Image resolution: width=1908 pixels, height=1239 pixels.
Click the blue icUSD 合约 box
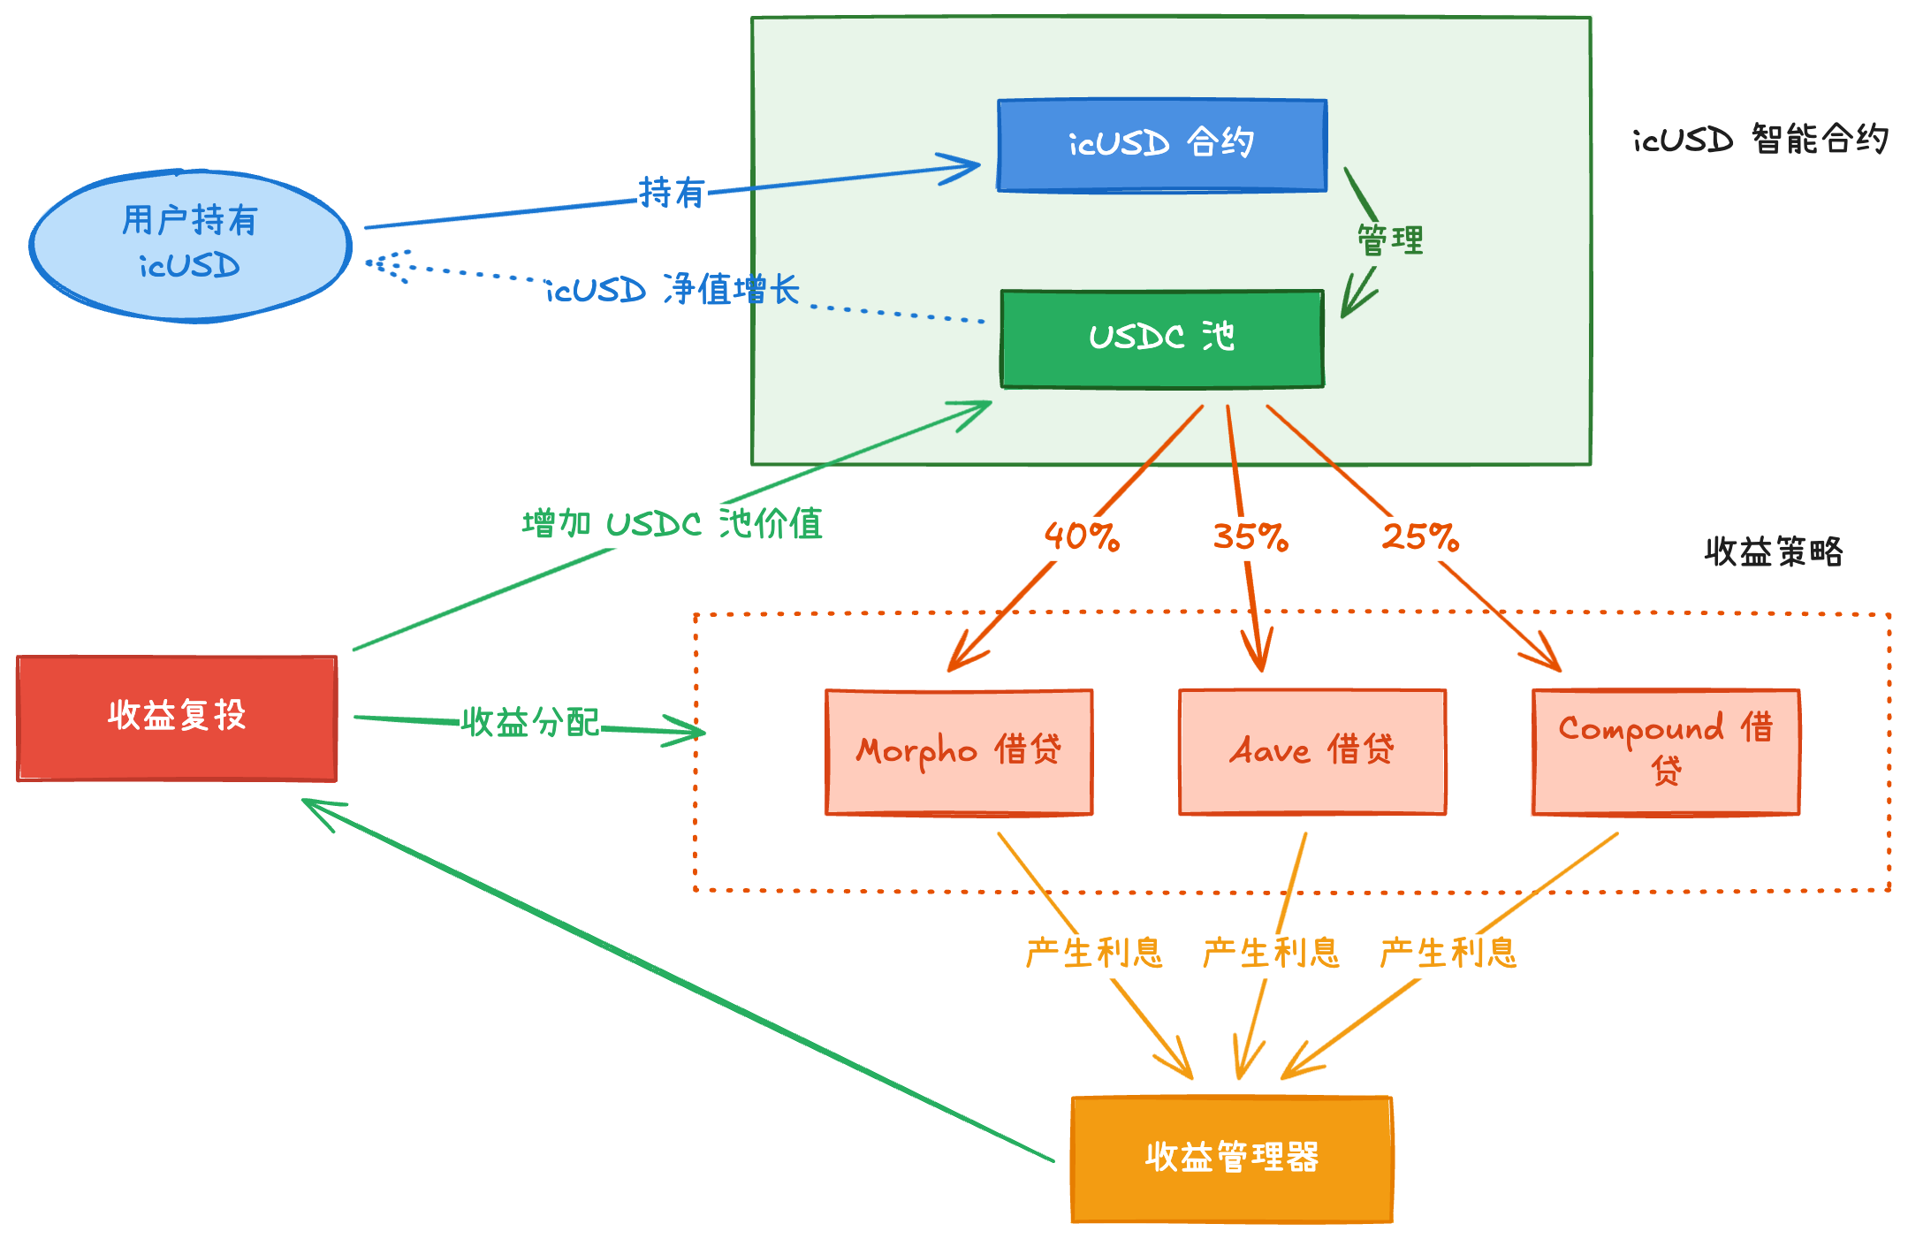(1162, 145)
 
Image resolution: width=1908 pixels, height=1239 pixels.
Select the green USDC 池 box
(1162, 338)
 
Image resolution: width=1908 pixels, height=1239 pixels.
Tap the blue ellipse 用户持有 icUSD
(190, 245)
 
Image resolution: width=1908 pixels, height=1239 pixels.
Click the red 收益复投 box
(177, 718)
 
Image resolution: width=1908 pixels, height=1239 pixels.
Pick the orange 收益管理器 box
(1232, 1159)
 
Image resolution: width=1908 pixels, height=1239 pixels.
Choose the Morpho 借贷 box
(959, 751)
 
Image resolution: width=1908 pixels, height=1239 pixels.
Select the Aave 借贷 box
(1312, 751)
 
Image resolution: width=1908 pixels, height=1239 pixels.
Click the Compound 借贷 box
(1666, 751)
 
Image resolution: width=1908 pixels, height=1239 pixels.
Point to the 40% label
(1082, 536)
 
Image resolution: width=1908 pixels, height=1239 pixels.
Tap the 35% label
(1250, 536)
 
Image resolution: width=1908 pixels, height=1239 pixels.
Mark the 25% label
(1420, 536)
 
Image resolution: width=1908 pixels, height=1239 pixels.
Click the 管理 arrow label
(1390, 240)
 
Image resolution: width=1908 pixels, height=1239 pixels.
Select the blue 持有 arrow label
(672, 193)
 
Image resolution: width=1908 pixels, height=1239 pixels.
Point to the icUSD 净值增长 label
(673, 290)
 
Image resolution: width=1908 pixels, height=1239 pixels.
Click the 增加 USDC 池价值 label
(673, 524)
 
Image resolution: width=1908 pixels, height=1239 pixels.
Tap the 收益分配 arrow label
(530, 723)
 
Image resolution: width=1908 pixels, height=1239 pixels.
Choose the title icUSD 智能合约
(1760, 140)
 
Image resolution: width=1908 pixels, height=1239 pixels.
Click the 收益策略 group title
(1774, 552)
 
